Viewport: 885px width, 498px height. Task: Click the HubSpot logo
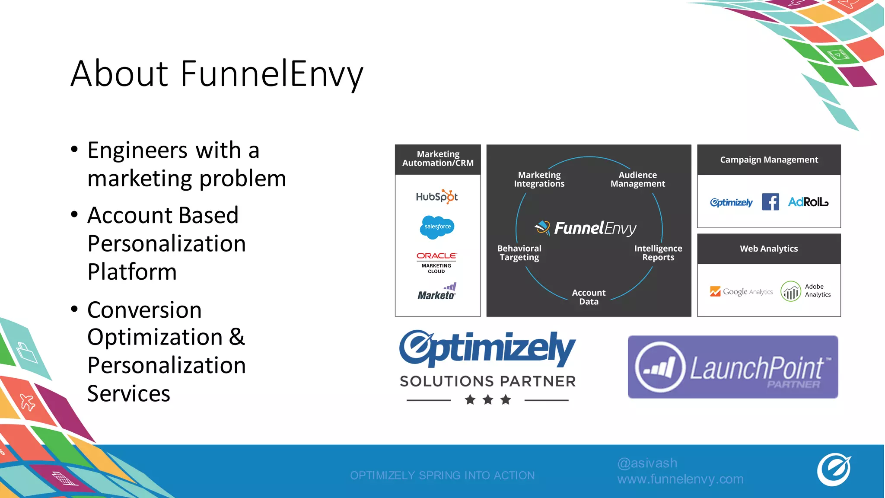437,197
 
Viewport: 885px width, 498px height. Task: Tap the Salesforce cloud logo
437,227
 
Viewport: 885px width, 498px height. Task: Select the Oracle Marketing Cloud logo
436,262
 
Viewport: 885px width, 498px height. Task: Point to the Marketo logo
437,292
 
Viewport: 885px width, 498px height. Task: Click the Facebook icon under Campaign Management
770,202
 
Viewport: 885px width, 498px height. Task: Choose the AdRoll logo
808,202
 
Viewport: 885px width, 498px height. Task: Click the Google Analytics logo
741,292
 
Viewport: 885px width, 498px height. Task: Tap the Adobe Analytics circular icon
791,291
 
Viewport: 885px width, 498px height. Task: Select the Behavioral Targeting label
519,253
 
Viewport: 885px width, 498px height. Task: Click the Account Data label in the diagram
589,297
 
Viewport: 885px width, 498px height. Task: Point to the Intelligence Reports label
658,253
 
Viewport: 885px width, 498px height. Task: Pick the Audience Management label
638,179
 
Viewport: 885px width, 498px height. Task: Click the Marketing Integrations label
539,179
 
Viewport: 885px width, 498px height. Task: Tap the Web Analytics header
769,249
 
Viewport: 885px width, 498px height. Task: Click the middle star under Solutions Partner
488,400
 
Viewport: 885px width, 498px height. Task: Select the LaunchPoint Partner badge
733,367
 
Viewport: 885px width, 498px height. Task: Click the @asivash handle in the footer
647,463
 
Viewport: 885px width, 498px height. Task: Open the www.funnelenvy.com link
681,479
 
